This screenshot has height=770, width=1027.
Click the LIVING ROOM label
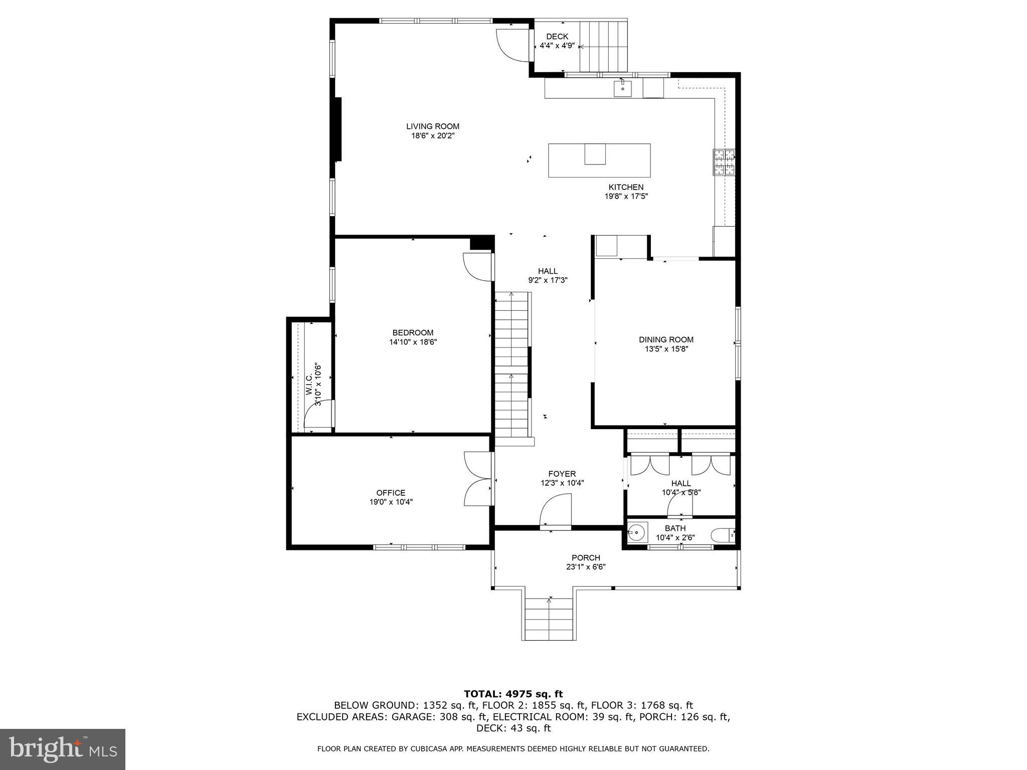pos(432,126)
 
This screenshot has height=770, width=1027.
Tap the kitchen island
pos(599,160)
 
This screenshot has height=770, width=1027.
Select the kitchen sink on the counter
pos(622,89)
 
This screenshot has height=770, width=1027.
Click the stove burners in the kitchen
pos(724,162)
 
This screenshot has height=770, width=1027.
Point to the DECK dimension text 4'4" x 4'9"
pos(557,46)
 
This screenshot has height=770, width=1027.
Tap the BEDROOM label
pos(413,332)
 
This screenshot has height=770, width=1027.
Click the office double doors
pos(478,478)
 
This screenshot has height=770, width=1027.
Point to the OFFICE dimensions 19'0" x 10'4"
pos(391,502)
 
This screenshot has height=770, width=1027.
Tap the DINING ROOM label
pos(666,339)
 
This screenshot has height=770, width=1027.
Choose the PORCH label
pos(586,557)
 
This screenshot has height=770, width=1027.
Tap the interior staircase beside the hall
pos(511,366)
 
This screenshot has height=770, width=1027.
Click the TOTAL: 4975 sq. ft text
pos(513,694)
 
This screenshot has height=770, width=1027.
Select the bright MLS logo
pos(63,749)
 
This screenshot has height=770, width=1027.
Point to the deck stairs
pos(603,46)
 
